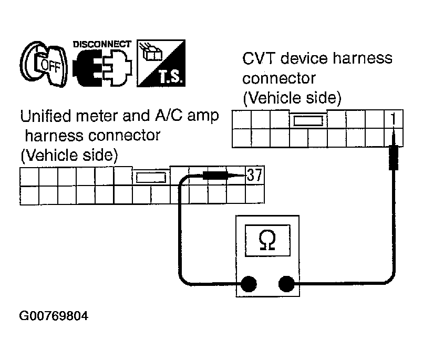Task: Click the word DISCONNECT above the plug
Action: tap(102, 44)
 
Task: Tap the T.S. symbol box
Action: tap(161, 63)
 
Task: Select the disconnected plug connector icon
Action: tap(102, 67)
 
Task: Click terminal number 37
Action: tap(254, 175)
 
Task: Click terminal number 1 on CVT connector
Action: tap(394, 119)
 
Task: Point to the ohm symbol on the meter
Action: tap(267, 240)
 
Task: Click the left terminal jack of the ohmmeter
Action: tap(249, 284)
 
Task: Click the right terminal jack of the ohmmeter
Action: tap(286, 284)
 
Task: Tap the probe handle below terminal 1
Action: tap(394, 157)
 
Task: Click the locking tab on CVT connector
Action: tap(308, 121)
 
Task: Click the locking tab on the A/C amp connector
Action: tap(151, 178)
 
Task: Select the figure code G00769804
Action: tap(54, 316)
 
